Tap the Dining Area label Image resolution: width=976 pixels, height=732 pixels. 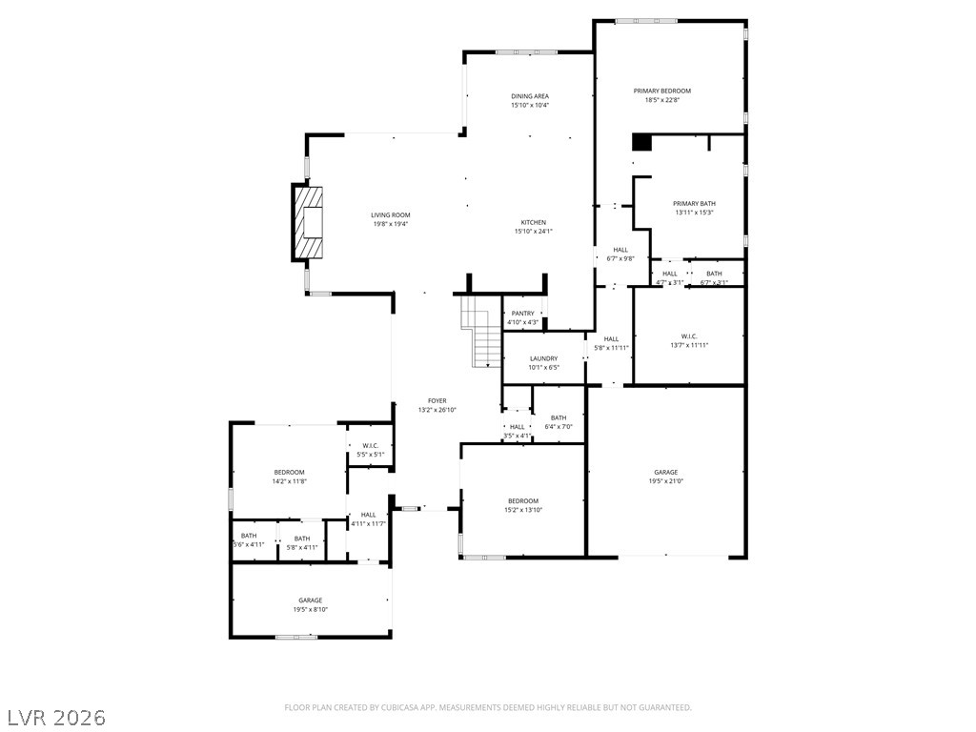(x=529, y=100)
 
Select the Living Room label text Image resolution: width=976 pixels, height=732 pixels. (x=391, y=220)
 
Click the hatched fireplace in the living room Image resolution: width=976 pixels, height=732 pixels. (x=308, y=222)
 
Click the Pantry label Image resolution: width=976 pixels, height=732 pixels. (x=522, y=317)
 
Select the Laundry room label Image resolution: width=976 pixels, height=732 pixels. (x=543, y=363)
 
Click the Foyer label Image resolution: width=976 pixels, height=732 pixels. (x=437, y=405)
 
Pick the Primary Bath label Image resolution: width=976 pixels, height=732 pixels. (x=693, y=208)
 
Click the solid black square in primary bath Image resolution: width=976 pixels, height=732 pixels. (x=641, y=142)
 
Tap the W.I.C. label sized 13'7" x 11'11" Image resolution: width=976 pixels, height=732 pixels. (x=689, y=340)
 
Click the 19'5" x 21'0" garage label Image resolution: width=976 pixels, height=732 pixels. (x=665, y=477)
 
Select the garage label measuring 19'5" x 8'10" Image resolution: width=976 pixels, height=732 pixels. (x=310, y=604)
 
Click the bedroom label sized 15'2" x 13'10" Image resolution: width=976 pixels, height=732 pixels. (x=522, y=505)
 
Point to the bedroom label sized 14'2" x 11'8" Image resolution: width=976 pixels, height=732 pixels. (x=289, y=477)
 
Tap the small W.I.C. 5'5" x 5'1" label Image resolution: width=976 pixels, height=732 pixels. (x=370, y=450)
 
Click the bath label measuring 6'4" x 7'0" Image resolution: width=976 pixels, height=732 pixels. (x=558, y=421)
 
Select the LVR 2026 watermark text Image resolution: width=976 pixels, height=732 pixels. (x=57, y=717)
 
